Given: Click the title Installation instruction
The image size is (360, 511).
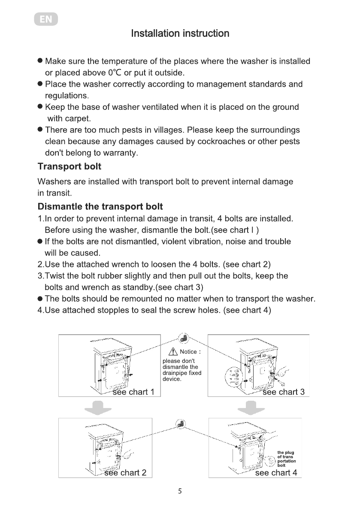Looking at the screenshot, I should [x=180, y=33].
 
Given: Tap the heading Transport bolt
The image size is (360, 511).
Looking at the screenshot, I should [x=70, y=166].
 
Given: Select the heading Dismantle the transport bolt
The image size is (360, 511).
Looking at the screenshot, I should [x=100, y=207].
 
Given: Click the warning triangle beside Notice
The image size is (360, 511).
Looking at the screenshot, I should [x=173, y=352].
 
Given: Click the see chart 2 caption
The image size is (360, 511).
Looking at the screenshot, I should [x=125, y=473].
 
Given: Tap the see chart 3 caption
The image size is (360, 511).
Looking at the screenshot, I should [x=283, y=392].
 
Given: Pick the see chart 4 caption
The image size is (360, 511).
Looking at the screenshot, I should [x=276, y=473].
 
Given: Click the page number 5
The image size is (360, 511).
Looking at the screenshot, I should [x=180, y=492].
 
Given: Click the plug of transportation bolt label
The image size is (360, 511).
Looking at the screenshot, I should [x=286, y=459].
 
